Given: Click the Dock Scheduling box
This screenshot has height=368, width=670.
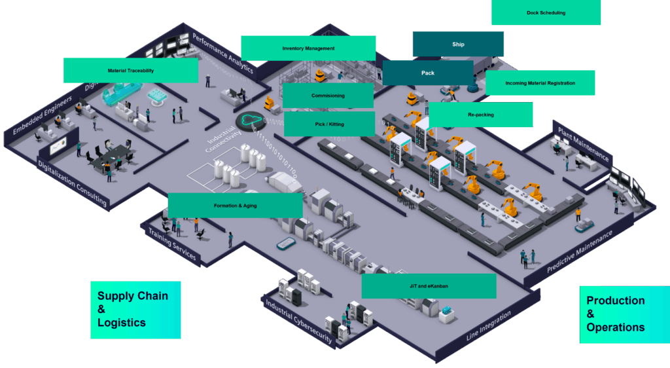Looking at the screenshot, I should tap(546, 13).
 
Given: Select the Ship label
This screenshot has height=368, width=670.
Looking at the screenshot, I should tap(458, 44).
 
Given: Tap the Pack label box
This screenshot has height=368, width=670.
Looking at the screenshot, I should tap(427, 73).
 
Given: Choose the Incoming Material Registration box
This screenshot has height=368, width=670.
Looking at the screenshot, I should tap(540, 83).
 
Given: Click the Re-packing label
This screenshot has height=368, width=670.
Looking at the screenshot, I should tap(480, 115).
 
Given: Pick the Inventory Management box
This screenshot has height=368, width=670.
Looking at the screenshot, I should tap(308, 48).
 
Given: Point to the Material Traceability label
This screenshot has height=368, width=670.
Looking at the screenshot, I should tap(131, 71).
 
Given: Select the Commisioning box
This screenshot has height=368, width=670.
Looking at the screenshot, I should tap(328, 96).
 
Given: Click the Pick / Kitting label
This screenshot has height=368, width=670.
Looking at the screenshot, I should tap(329, 124).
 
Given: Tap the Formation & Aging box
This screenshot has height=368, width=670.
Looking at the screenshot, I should tap(235, 206).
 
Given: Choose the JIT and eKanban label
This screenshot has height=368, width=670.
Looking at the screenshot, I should tap(429, 286).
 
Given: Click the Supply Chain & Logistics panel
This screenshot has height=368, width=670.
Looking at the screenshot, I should tap(135, 310).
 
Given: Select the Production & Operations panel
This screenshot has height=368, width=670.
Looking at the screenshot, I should tap(624, 314).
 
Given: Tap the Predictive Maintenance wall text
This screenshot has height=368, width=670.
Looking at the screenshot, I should tap(580, 251).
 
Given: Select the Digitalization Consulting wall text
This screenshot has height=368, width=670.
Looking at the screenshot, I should tap(72, 183).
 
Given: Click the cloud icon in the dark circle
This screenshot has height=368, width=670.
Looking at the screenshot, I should tap(249, 120).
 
